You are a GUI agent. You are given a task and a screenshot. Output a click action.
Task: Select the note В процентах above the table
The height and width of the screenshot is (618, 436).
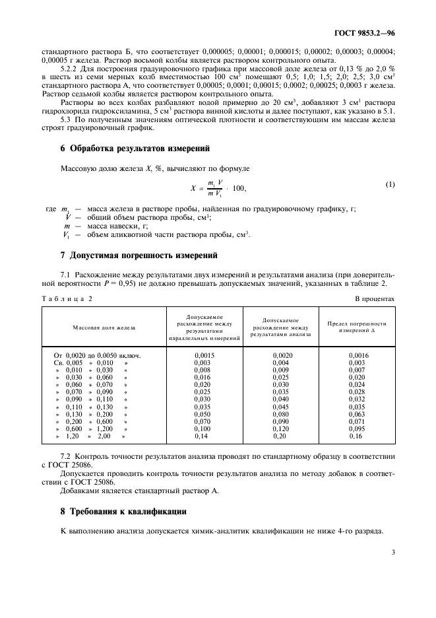(x=375, y=298)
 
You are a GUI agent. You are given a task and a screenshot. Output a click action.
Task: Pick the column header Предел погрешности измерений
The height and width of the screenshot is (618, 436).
(x=357, y=327)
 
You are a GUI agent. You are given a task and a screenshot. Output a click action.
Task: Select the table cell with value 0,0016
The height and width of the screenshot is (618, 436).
(x=357, y=355)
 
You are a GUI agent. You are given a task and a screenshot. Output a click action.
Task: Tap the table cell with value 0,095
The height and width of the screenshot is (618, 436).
(x=357, y=428)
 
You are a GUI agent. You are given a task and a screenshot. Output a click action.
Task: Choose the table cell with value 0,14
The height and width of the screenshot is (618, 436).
(x=201, y=436)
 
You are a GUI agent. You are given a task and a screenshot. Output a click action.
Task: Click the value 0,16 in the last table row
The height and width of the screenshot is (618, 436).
(x=356, y=436)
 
